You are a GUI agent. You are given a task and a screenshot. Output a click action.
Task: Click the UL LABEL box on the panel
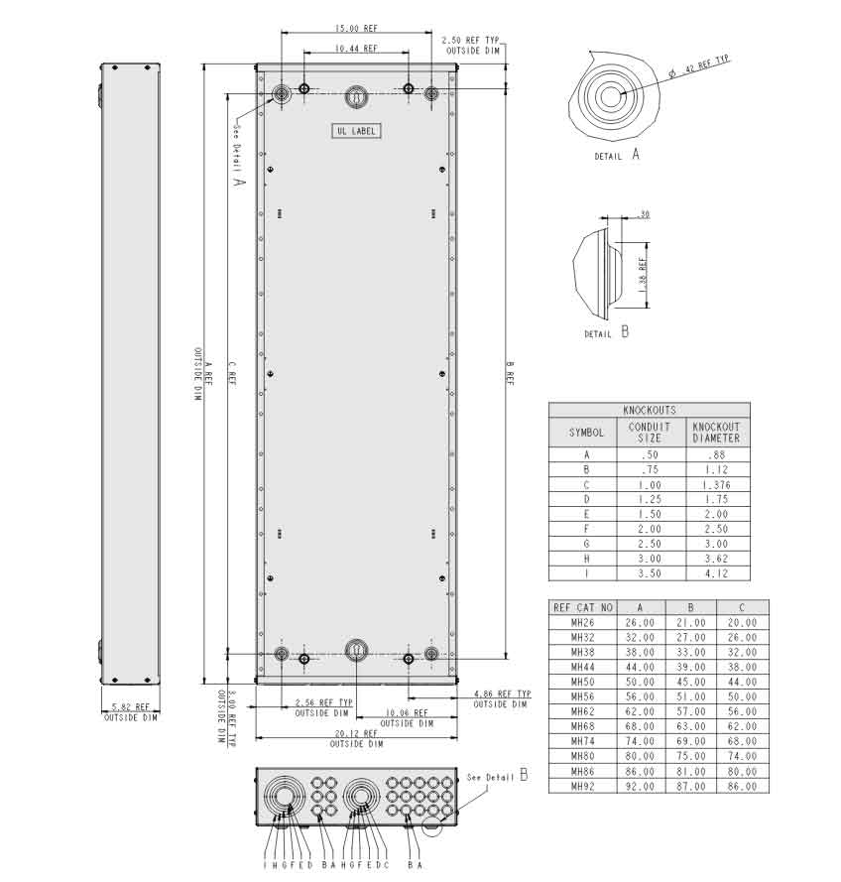point(355,131)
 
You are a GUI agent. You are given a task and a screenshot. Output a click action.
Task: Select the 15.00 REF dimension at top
point(355,29)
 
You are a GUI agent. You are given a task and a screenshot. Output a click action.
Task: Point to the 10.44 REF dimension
point(355,48)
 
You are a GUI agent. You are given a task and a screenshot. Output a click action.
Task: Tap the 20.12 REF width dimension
point(355,733)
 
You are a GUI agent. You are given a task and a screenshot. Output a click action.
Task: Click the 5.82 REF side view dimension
point(130,707)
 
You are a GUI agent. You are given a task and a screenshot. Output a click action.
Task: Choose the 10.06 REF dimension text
point(407,712)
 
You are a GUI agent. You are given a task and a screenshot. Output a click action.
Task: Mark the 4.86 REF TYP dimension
point(502,694)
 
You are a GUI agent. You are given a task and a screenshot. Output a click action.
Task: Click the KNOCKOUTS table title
point(650,409)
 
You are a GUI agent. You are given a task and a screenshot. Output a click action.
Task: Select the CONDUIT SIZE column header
point(650,432)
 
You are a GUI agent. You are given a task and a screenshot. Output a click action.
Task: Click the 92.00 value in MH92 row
point(640,786)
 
